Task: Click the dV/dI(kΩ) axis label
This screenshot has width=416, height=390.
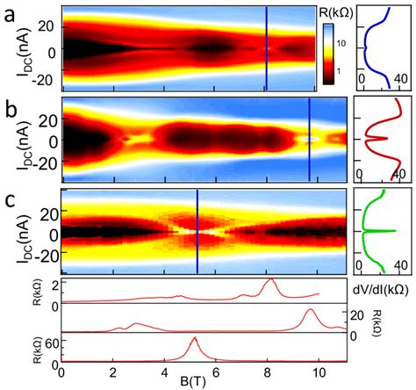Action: [x=384, y=288]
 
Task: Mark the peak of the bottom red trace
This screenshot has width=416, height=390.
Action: [x=194, y=339]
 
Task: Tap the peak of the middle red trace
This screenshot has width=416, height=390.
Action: [x=309, y=310]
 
